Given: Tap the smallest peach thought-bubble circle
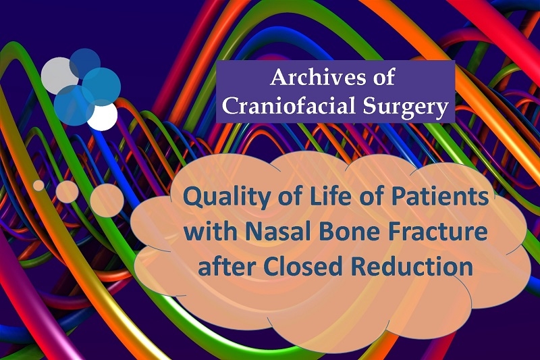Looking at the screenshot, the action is click(39, 185).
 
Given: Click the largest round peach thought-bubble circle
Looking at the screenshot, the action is click(107, 200).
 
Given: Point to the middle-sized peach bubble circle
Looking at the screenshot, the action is click(67, 192).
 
